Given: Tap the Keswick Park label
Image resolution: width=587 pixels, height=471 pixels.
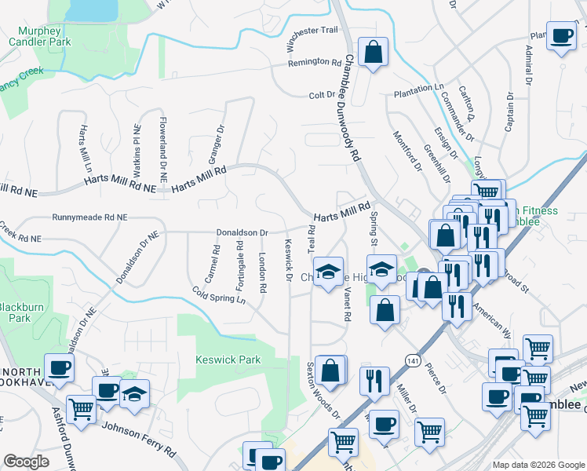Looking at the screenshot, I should click(x=227, y=360).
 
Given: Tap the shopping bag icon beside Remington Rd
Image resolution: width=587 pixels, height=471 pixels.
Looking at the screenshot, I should click(x=374, y=53).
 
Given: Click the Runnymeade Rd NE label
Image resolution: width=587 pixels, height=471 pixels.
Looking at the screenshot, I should click(x=89, y=217).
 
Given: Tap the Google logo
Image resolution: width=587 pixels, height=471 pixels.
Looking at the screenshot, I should click(x=27, y=462).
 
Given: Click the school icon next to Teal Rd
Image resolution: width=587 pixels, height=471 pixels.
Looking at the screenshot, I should click(x=329, y=272).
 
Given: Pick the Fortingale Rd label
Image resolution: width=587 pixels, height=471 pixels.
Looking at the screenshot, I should click(x=239, y=265).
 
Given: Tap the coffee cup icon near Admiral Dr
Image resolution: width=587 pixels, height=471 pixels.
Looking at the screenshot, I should click(x=561, y=37).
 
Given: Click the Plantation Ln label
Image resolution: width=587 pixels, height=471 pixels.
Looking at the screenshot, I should click(x=419, y=91).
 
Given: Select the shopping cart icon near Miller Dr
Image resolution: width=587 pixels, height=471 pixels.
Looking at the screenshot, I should click(x=429, y=431).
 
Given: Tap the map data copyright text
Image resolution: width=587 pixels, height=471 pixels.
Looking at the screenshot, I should click(x=538, y=464).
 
